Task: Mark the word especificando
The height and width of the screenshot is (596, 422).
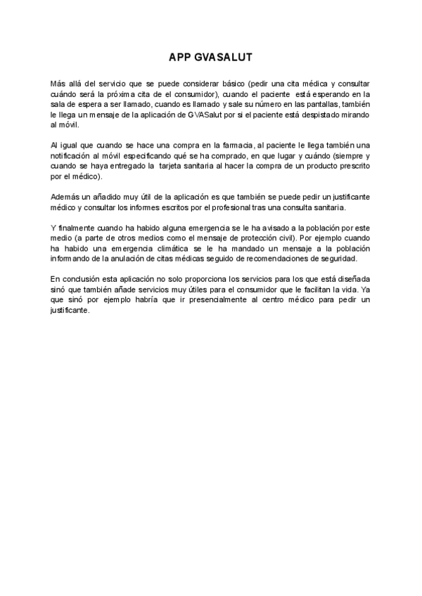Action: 153,155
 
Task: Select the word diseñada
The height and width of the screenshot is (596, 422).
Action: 352,280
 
